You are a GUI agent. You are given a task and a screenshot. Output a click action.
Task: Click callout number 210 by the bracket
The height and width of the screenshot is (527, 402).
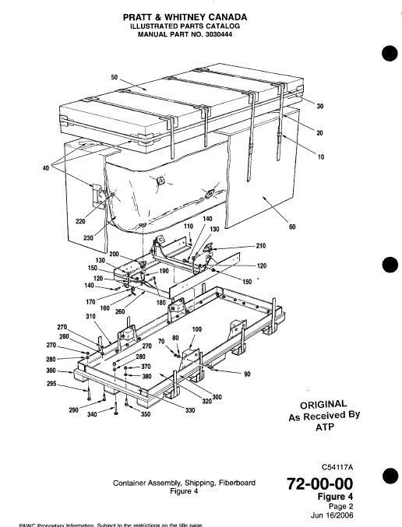coord(262,246)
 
